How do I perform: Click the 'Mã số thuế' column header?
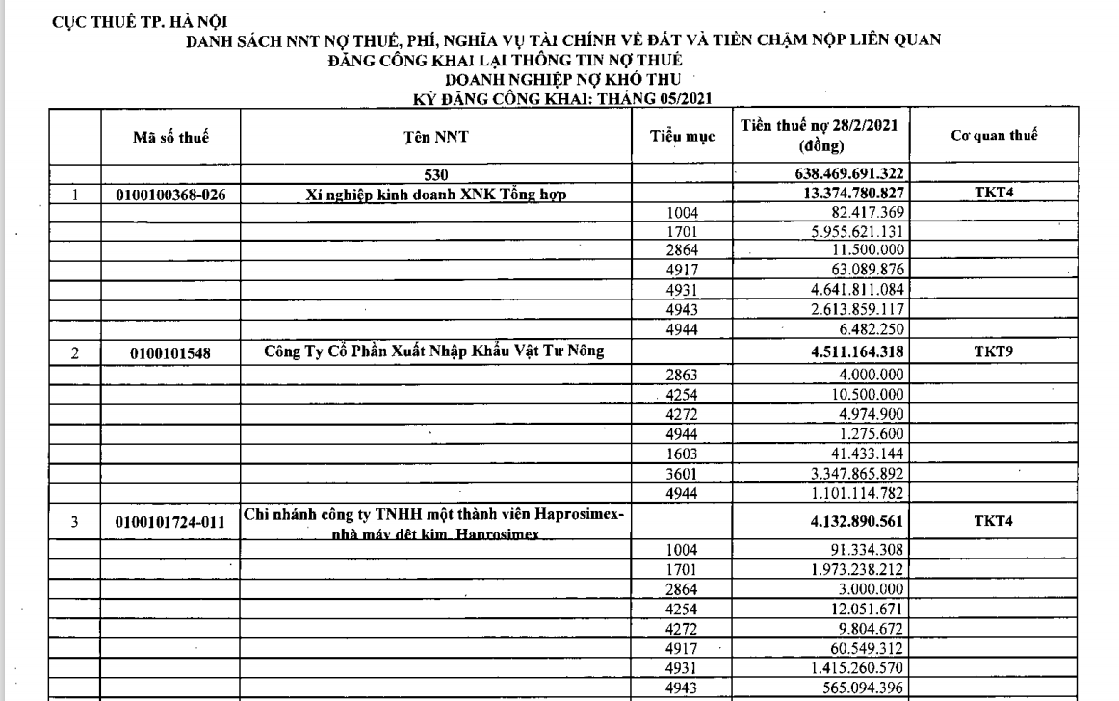click(170, 137)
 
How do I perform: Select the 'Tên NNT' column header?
click(436, 137)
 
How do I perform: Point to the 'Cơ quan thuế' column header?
click(994, 137)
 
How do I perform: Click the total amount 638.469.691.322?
click(844, 174)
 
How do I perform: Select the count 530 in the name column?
click(436, 174)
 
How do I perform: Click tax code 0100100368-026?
click(170, 194)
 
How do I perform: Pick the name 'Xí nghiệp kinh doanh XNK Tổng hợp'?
click(437, 194)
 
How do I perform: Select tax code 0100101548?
click(170, 353)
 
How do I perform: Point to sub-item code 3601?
click(683, 475)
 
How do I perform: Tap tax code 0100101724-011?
click(170, 522)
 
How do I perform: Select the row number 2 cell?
click(76, 353)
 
